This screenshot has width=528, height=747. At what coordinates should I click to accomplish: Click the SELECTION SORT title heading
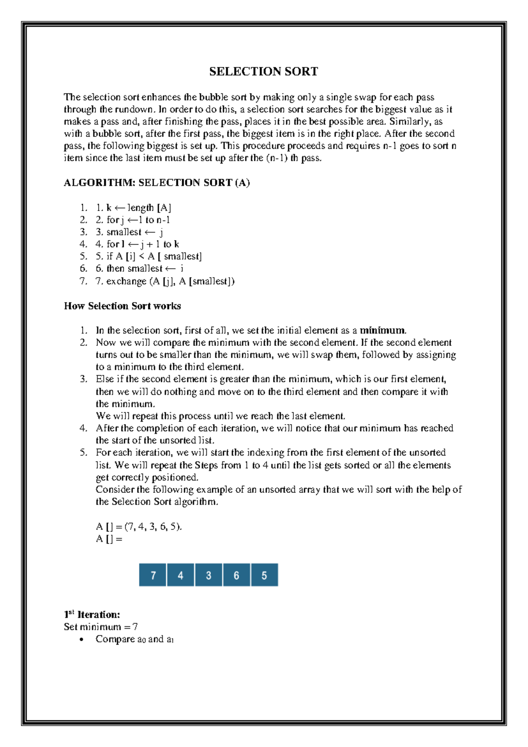(x=264, y=71)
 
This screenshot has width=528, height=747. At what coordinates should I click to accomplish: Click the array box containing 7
(x=153, y=575)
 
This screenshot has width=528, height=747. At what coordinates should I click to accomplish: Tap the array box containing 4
(x=180, y=575)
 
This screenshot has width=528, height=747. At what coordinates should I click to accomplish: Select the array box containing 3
(x=209, y=575)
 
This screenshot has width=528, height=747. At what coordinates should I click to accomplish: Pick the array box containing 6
(x=236, y=575)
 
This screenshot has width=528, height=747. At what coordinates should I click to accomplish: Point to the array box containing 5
(x=264, y=575)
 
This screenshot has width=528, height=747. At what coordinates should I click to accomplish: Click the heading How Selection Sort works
(x=122, y=306)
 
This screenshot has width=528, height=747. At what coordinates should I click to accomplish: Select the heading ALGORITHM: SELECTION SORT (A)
(x=157, y=182)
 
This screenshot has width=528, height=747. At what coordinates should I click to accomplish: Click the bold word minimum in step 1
(x=382, y=330)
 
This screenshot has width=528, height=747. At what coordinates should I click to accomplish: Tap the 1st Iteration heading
(x=92, y=614)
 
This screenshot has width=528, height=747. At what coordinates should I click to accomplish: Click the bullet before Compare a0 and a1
(x=81, y=640)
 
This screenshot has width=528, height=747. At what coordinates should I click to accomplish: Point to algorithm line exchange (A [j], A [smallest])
(x=165, y=281)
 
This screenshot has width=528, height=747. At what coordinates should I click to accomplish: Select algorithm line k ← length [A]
(x=133, y=207)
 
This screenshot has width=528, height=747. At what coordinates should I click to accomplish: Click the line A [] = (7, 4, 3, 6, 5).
(x=139, y=526)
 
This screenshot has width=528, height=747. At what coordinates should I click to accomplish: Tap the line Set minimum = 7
(x=101, y=627)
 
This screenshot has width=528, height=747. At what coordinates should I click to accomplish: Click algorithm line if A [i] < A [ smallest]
(x=149, y=256)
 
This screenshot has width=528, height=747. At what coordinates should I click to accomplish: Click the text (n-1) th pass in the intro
(x=294, y=158)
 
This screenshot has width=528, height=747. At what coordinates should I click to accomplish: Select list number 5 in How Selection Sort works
(x=84, y=452)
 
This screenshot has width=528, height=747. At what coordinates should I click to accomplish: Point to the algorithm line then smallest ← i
(x=140, y=269)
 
